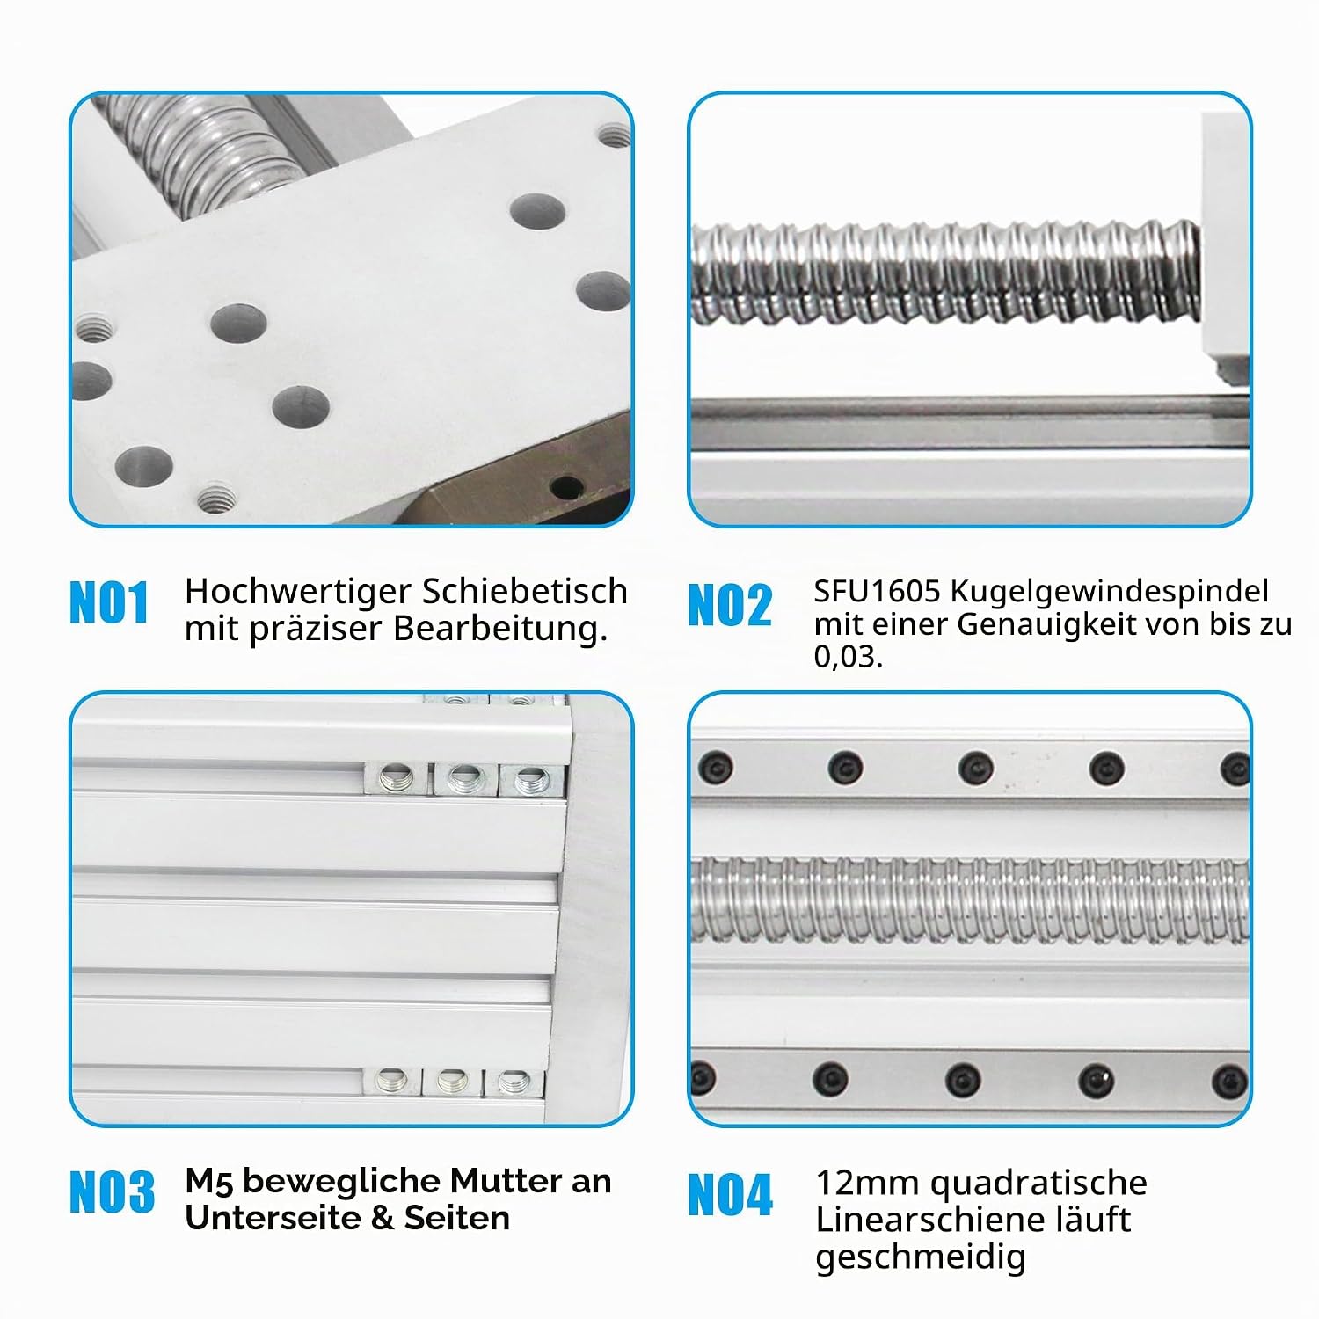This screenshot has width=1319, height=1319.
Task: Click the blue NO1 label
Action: click(109, 602)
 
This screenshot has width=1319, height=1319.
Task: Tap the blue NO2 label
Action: click(730, 605)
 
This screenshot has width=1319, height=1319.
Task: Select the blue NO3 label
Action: click(112, 1192)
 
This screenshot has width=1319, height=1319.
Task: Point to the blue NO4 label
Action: click(730, 1195)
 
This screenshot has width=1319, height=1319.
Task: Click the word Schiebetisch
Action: click(525, 591)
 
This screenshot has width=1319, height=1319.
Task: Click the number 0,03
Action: click(848, 657)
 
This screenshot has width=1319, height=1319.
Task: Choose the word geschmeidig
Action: click(921, 1258)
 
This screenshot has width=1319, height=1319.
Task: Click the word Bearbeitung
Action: click(499, 629)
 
